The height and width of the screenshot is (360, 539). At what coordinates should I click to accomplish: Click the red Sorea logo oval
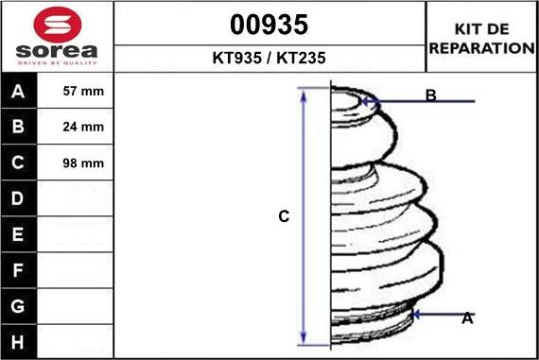click(x=58, y=25)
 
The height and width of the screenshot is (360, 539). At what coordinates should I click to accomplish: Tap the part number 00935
click(x=269, y=25)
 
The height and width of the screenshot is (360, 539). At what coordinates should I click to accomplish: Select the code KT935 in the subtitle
click(x=236, y=58)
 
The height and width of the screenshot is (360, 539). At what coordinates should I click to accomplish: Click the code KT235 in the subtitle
click(x=301, y=58)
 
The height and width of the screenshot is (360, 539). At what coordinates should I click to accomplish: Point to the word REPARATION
click(x=482, y=48)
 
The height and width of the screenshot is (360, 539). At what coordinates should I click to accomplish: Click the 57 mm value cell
click(x=75, y=91)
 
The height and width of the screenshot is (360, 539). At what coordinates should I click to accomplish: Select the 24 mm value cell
click(x=75, y=127)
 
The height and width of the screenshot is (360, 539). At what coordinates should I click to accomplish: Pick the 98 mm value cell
click(x=75, y=163)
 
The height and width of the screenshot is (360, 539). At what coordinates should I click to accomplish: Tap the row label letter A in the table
click(x=18, y=92)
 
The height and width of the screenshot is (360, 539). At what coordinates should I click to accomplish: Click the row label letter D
click(x=18, y=198)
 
